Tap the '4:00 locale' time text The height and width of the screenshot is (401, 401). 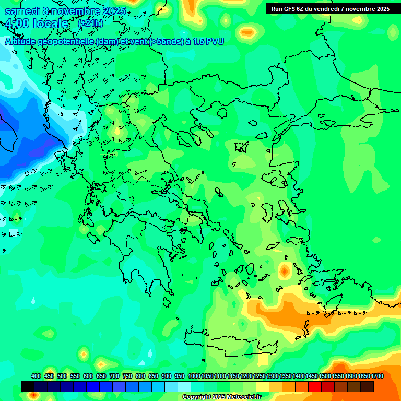point(37,23)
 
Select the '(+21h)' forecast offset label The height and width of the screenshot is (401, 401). point(90,23)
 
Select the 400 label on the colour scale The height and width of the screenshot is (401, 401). point(36,376)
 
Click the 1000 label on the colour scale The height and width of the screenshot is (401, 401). point(194,376)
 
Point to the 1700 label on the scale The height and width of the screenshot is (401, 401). point(376,376)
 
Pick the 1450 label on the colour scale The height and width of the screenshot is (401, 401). point(311,376)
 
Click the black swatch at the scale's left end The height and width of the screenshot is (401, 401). point(28,386)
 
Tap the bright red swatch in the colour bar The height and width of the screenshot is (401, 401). point(315,386)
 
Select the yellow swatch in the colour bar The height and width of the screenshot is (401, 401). point(263,386)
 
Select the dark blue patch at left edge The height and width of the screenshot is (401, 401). point(16,125)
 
